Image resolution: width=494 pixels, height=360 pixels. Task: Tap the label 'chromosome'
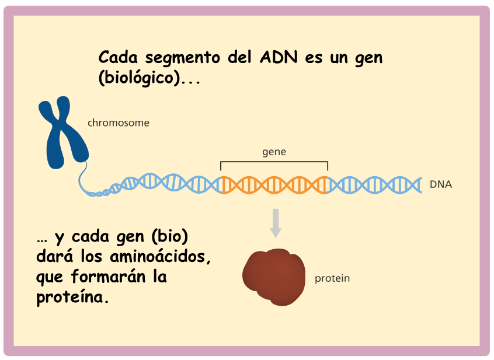pos(119,123)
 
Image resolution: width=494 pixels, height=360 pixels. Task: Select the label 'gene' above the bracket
pos(274,152)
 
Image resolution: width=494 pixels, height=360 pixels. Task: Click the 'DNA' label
pos(441,184)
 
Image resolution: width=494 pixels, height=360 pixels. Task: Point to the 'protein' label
pos(332,278)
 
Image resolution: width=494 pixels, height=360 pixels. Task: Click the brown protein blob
pos(274,277)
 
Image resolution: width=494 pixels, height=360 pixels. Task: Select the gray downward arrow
pos(276,223)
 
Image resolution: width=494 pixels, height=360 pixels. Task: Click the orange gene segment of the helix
pos(274,185)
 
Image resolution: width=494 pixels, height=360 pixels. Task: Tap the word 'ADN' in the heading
pos(279,57)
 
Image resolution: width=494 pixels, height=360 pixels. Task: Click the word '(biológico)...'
pos(149,78)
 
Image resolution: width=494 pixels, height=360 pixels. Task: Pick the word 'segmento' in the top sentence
pos(183,58)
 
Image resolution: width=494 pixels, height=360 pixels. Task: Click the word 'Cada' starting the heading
pos(118,57)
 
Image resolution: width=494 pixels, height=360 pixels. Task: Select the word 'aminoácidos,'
pos(160,257)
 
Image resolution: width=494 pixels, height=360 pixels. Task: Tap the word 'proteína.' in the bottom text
pos(73,297)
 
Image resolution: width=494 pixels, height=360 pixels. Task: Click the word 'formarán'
pos(109,277)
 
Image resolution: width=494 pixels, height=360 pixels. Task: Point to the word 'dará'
pos(55,256)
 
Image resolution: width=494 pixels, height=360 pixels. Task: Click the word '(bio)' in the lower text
pos(170,237)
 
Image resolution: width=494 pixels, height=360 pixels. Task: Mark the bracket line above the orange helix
pos(274,162)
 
